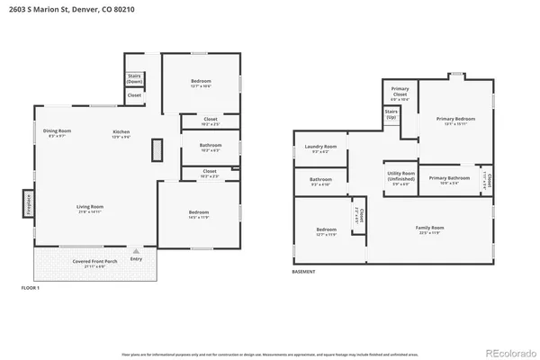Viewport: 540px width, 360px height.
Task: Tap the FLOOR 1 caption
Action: [x=31, y=287]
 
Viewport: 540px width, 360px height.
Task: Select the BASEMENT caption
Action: [x=304, y=271]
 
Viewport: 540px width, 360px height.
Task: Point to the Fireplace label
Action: [x=28, y=202]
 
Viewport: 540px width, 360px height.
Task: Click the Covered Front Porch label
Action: [x=94, y=264]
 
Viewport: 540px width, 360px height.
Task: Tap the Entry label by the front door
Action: [x=136, y=258]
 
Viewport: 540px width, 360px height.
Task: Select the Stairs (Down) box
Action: [x=134, y=78]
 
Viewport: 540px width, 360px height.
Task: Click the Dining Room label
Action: [x=58, y=133]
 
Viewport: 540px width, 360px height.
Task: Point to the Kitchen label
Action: [x=121, y=133]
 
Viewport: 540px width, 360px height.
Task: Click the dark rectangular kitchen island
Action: [x=157, y=149]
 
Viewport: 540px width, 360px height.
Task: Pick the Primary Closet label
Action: [x=400, y=90]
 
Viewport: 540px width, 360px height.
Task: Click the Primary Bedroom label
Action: [x=455, y=121]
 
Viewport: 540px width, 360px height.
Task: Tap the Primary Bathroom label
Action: [x=449, y=179]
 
